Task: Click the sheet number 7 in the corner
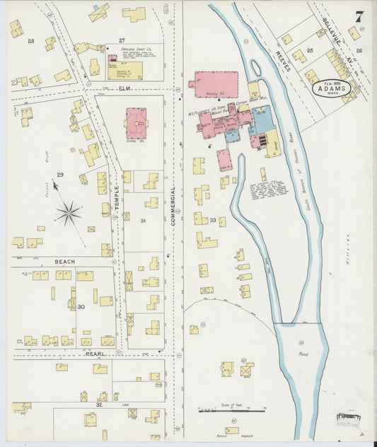(x=359, y=17)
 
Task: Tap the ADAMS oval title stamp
(x=332, y=90)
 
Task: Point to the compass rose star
(x=69, y=211)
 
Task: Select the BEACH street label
(x=64, y=261)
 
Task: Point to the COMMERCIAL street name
(x=172, y=206)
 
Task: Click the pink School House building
(x=136, y=122)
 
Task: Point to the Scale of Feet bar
(x=220, y=409)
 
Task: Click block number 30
(x=81, y=306)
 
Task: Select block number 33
(x=212, y=221)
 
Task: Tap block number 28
(x=30, y=41)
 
